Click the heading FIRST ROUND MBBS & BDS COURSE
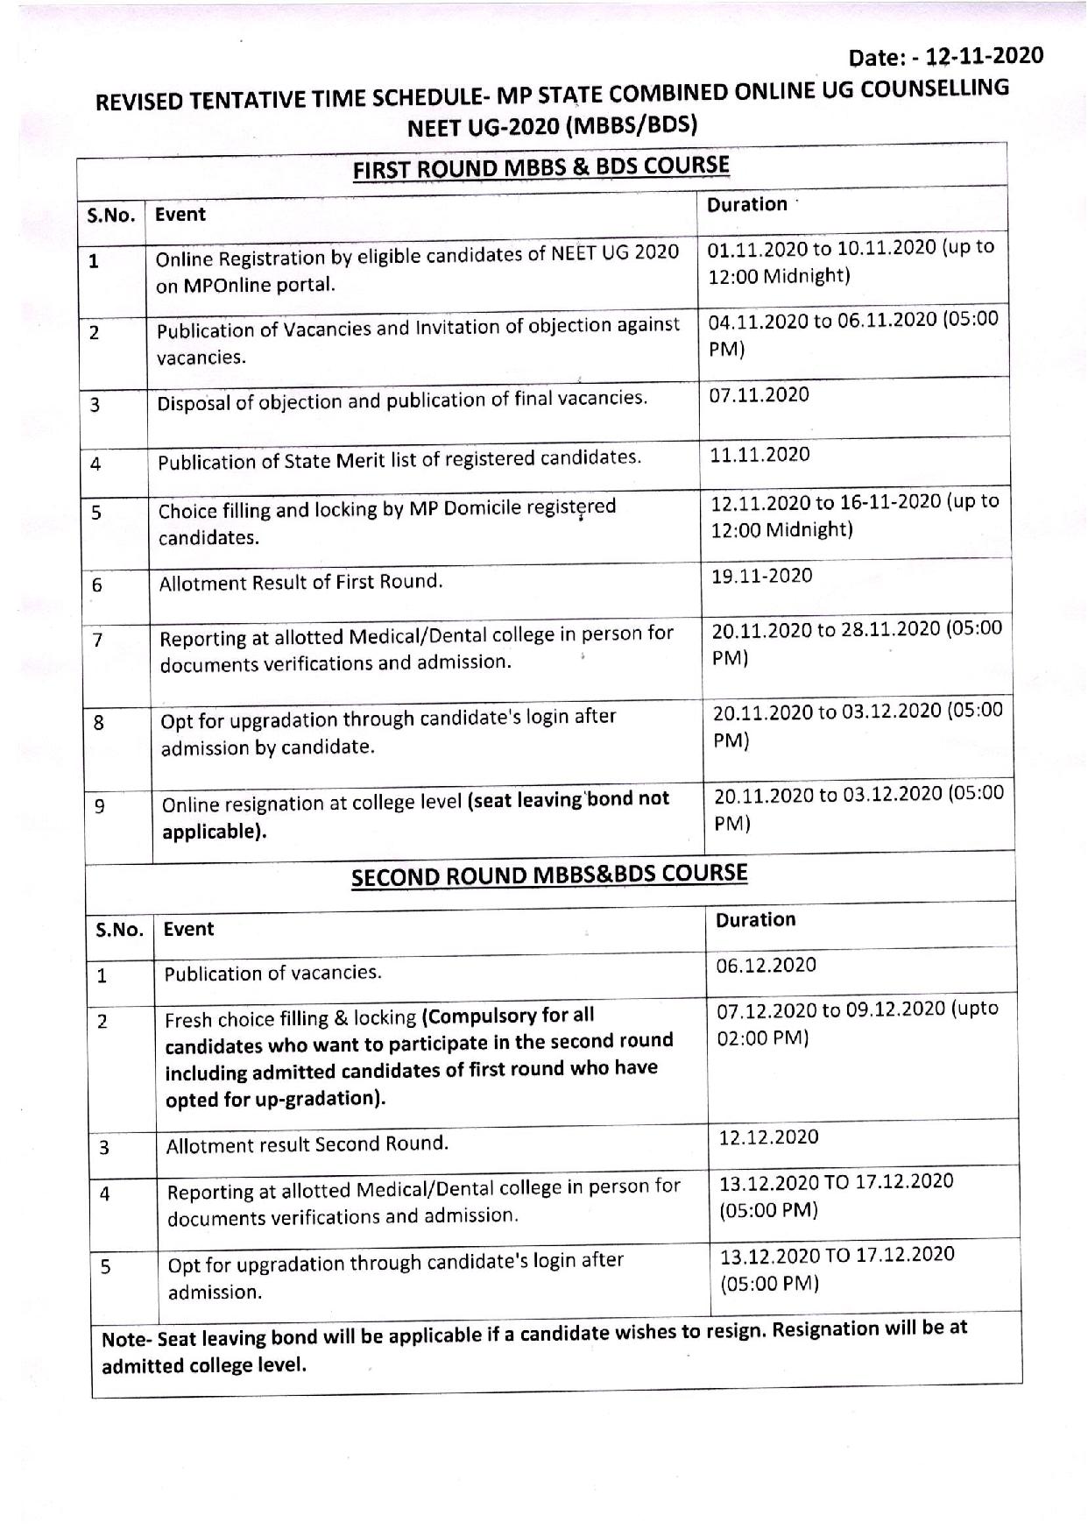(540, 166)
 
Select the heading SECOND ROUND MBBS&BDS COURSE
(549, 875)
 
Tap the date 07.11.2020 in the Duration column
(759, 394)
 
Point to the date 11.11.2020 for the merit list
(759, 454)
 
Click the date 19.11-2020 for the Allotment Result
(761, 576)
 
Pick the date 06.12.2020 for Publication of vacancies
(766, 965)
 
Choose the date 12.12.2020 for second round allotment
(768, 1137)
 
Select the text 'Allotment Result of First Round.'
(300, 582)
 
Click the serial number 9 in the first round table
(99, 805)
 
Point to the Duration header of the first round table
(746, 204)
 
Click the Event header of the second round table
(188, 929)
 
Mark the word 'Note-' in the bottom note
(127, 1340)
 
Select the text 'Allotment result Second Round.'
(307, 1144)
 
